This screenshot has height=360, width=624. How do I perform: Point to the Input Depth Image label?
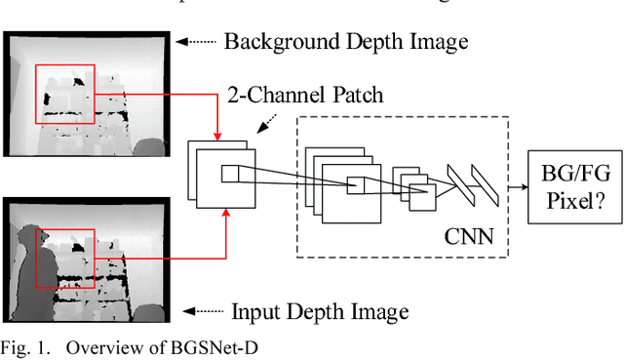click(x=319, y=312)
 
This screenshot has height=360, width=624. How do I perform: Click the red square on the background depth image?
click(x=65, y=95)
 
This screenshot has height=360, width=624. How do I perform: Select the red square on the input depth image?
click(x=65, y=259)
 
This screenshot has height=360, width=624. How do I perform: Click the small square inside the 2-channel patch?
click(x=228, y=174)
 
